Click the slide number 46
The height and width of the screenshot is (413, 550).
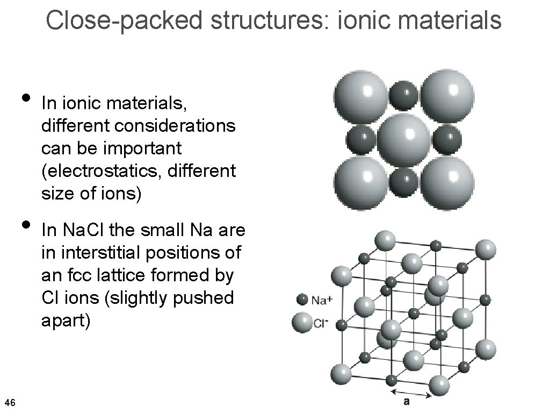click(10, 402)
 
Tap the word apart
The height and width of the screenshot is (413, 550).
click(66, 321)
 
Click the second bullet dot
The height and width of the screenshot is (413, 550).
click(24, 224)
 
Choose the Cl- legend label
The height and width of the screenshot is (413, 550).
click(321, 324)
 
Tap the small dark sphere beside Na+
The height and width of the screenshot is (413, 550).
click(302, 300)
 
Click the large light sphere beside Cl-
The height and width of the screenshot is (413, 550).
click(301, 323)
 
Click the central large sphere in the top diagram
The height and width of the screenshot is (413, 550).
click(404, 139)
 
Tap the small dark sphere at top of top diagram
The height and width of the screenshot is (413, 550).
click(404, 95)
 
